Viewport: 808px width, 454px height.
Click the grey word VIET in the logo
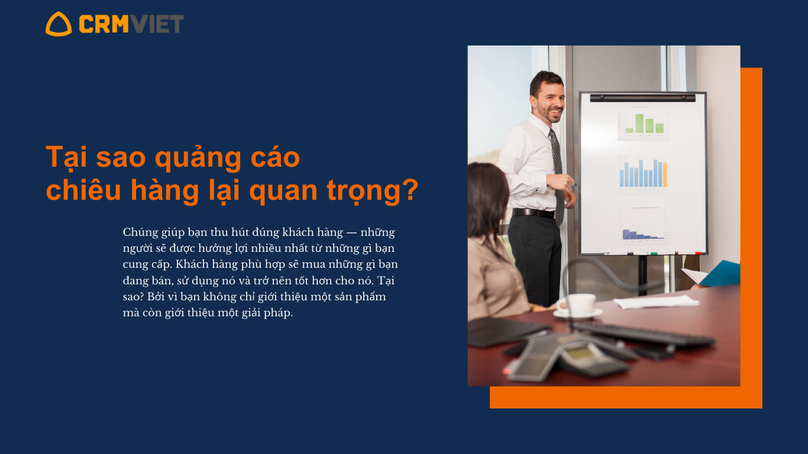pos(156,24)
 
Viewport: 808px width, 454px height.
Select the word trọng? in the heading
pos(373,191)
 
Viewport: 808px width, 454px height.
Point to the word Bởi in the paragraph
pos(156,296)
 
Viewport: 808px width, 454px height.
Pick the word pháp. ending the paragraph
pos(278,313)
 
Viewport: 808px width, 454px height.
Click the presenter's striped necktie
pos(557,176)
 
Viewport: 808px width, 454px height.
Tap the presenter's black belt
pos(534,213)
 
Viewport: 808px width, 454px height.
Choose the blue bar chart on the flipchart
pos(643,173)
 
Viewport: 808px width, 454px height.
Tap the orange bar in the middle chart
pos(665,174)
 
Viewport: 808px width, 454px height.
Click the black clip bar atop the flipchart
pos(642,98)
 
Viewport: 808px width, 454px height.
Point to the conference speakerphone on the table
pos(568,356)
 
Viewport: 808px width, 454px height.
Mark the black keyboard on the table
pos(642,333)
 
